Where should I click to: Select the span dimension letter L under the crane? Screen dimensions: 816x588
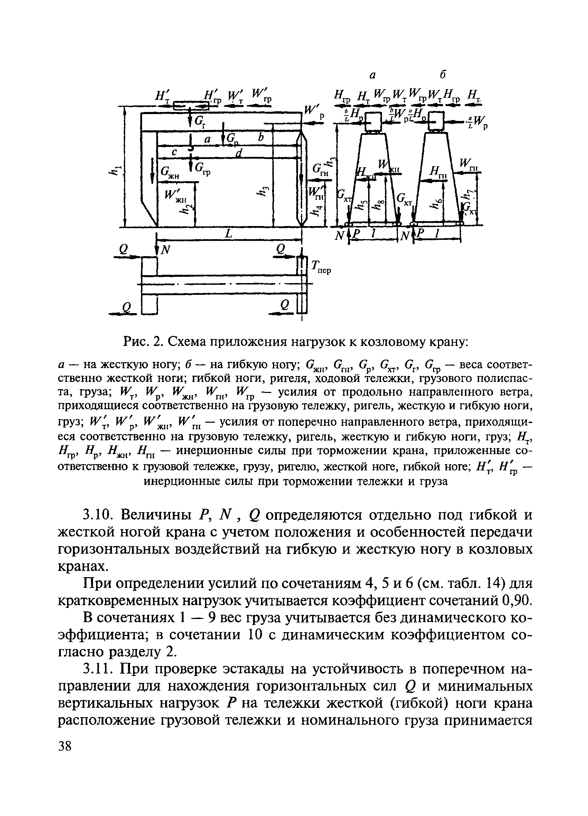pyautogui.click(x=228, y=234)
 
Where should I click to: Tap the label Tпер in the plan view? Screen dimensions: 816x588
pyautogui.click(x=320, y=267)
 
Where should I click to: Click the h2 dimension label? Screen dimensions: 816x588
pyautogui.click(x=187, y=209)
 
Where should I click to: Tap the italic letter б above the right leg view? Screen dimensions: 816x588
pyautogui.click(x=443, y=74)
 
